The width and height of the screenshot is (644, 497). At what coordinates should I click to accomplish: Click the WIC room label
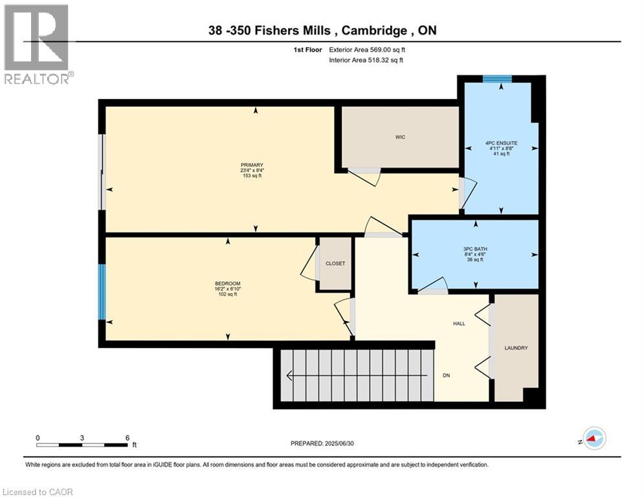click(401, 137)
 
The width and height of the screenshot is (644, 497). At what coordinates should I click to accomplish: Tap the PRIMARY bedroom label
click(252, 165)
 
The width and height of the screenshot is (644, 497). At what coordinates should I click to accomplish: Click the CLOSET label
click(335, 264)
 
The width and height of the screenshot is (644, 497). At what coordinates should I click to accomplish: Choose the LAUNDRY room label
click(516, 348)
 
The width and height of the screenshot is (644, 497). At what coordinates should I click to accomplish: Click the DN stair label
click(447, 375)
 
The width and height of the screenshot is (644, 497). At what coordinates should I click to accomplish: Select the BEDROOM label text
click(227, 283)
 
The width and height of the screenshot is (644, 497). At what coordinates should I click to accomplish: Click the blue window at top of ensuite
click(497, 79)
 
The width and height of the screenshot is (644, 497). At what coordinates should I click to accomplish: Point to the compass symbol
click(593, 439)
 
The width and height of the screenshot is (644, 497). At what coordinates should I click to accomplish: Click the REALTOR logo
click(36, 44)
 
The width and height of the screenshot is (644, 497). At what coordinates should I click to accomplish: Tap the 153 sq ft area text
click(252, 176)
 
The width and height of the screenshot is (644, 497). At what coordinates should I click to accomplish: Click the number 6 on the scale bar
click(127, 437)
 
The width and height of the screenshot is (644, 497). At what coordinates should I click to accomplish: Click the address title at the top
click(322, 30)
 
